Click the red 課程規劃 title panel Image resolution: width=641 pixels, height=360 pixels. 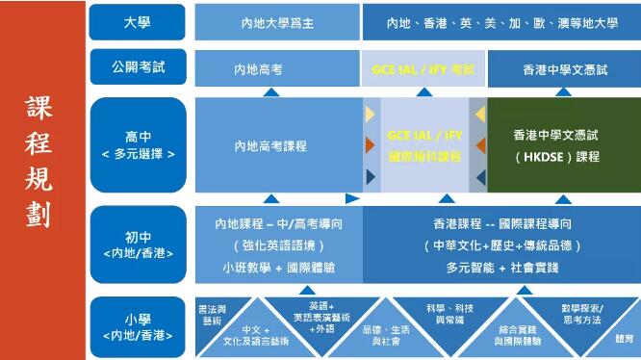point(43,180)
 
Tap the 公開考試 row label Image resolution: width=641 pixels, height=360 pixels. point(137,67)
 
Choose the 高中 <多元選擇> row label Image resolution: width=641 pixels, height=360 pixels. point(137,144)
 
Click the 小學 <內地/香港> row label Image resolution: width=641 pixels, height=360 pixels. point(137,327)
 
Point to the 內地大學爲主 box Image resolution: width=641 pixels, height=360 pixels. point(277,22)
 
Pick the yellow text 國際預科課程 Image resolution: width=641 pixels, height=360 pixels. point(423,155)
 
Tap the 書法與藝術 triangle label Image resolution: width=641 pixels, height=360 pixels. point(210,315)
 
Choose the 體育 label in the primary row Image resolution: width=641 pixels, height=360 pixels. point(625,339)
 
